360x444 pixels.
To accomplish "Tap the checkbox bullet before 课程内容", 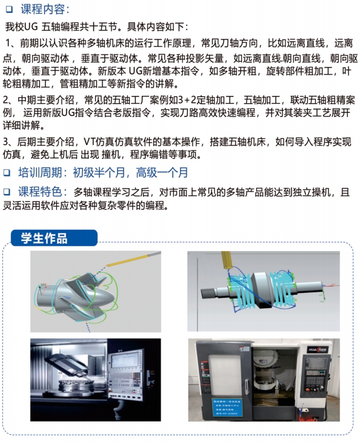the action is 9,10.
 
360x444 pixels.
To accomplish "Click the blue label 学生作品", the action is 44,238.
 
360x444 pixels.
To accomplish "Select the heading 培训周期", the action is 40,172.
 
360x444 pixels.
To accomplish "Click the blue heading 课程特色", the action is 40,192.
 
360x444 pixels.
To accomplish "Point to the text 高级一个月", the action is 162,172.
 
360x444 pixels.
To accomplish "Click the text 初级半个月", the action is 99,172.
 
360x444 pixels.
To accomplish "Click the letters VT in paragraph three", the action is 90,141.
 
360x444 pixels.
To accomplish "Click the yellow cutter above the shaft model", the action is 227,260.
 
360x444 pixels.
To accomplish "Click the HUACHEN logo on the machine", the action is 318,350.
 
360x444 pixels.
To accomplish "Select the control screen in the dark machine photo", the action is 124,360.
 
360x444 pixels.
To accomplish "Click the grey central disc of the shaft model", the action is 262,291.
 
